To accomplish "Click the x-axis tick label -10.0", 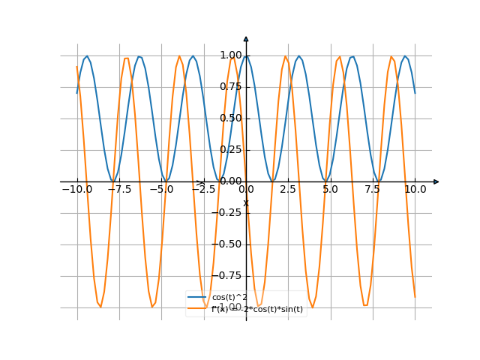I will click(76, 190).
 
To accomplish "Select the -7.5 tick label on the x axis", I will click(119, 190).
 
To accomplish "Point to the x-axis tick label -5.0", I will click(161, 190).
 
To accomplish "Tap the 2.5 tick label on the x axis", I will click(288, 190).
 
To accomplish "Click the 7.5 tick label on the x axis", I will click(373, 190).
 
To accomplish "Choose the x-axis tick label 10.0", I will click(415, 190).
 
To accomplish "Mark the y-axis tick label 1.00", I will click(231, 55).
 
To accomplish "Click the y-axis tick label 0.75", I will click(231, 87).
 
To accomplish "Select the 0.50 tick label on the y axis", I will click(231, 118).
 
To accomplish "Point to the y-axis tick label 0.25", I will click(231, 150).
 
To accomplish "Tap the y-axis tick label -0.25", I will click(229, 213).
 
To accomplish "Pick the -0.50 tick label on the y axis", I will click(229, 244).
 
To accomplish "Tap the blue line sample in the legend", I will click(198, 297).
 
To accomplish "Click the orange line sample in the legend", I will click(198, 308).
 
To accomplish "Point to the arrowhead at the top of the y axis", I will click(246, 38).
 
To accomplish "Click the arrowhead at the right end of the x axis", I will click(436, 181).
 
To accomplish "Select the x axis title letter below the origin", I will click(245, 203).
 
